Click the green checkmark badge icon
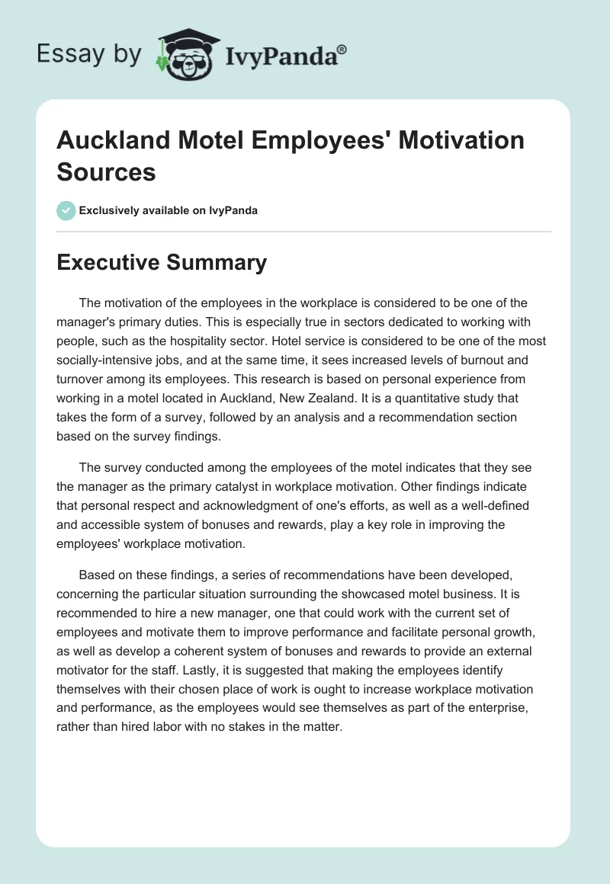pos(66,210)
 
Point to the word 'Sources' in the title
pos(106,171)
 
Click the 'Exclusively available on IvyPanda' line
pos(168,211)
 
